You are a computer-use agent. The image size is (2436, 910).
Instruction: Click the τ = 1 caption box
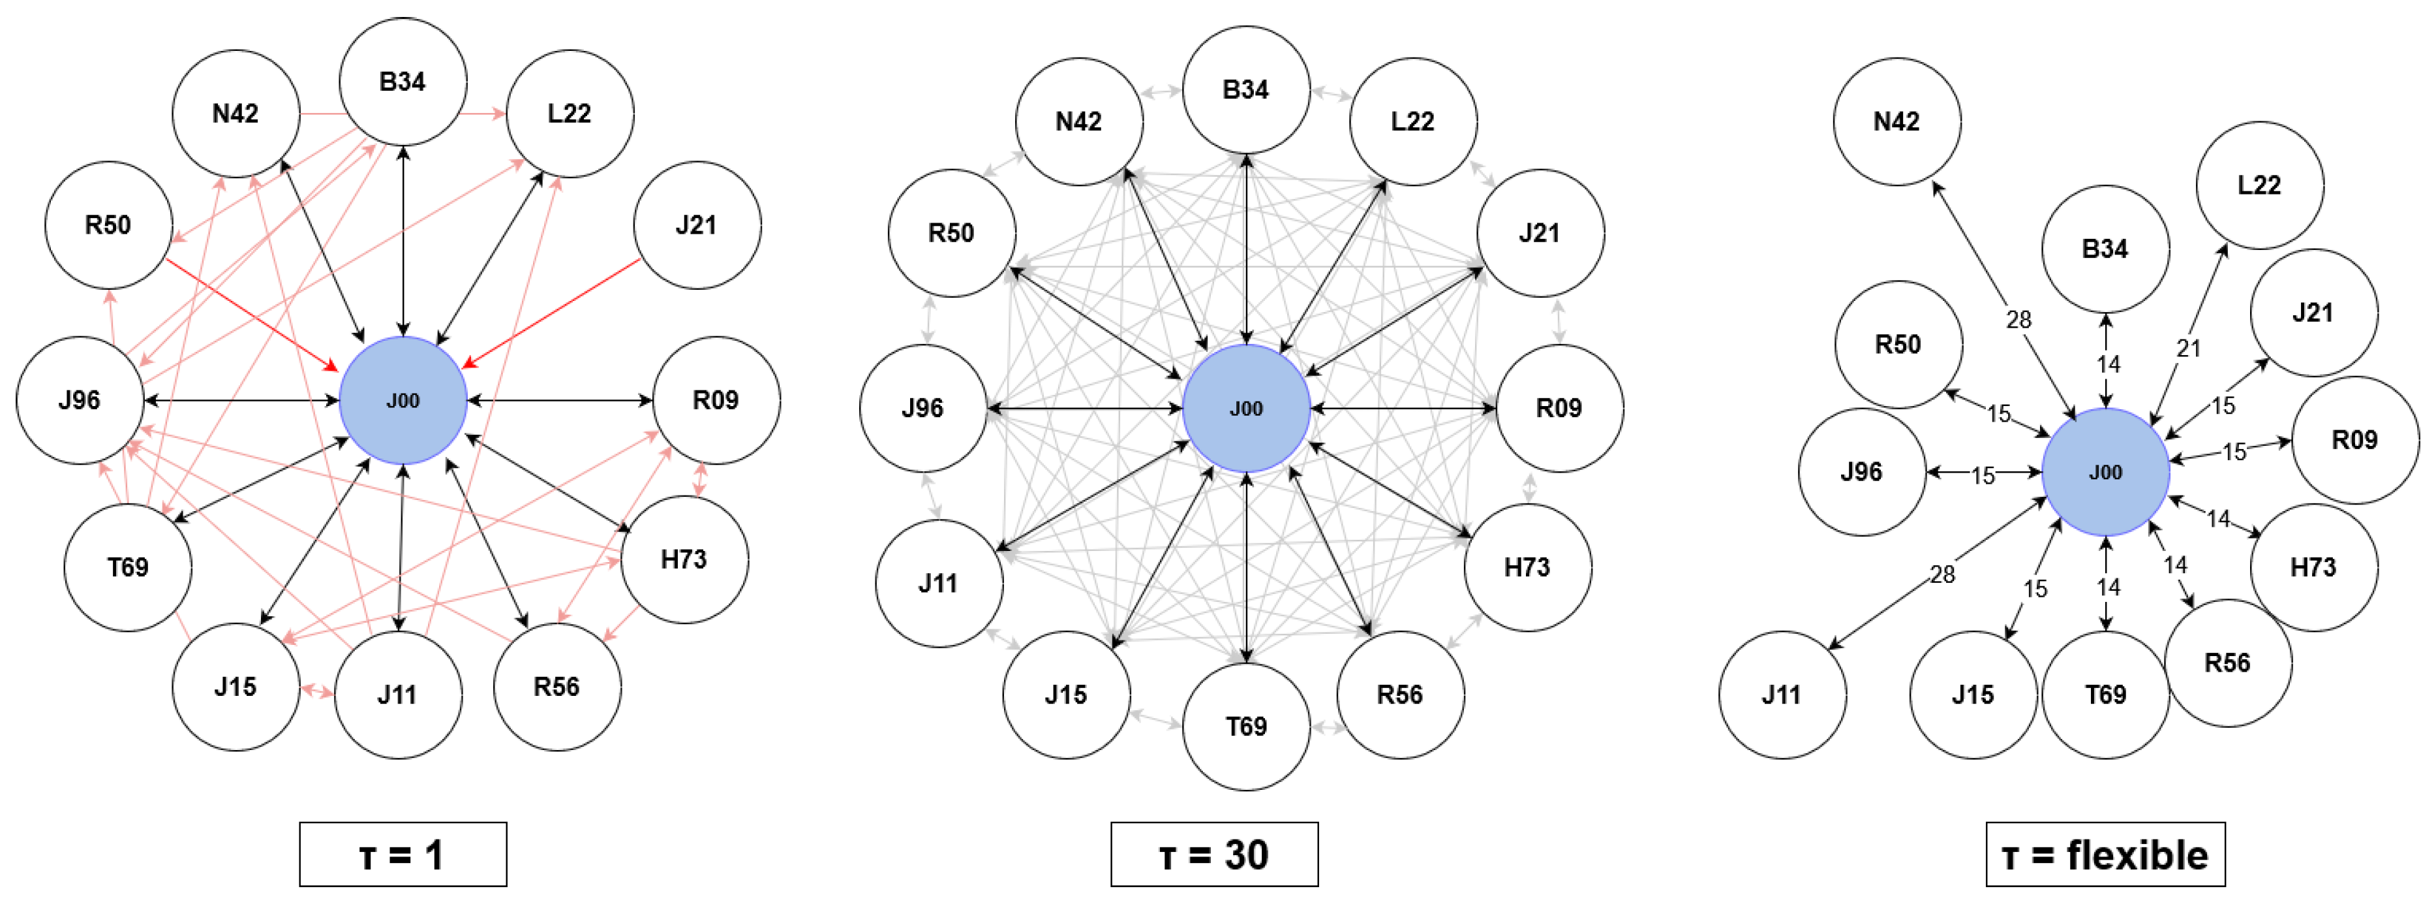(x=403, y=855)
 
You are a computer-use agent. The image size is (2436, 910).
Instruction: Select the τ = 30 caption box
(x=1213, y=855)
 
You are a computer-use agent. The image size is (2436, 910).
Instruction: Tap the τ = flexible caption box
(x=2105, y=855)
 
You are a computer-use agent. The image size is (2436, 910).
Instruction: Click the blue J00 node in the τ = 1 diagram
(x=403, y=400)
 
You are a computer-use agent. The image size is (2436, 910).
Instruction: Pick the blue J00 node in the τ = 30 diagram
(x=1245, y=409)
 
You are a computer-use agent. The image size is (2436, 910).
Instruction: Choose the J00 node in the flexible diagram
(x=2105, y=472)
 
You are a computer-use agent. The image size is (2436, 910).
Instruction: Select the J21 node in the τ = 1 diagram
(x=696, y=225)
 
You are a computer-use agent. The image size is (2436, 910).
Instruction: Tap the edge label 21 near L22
(x=2188, y=348)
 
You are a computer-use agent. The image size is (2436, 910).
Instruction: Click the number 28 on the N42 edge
(x=2018, y=320)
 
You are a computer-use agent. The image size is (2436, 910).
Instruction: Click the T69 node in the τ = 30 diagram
(x=1245, y=727)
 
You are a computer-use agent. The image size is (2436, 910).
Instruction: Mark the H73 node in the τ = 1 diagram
(x=684, y=559)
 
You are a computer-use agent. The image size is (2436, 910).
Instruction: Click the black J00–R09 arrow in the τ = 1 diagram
(x=560, y=400)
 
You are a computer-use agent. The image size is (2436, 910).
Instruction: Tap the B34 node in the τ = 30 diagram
(x=1245, y=90)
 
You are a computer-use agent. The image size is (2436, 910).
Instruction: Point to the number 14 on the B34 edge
(x=2108, y=364)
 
